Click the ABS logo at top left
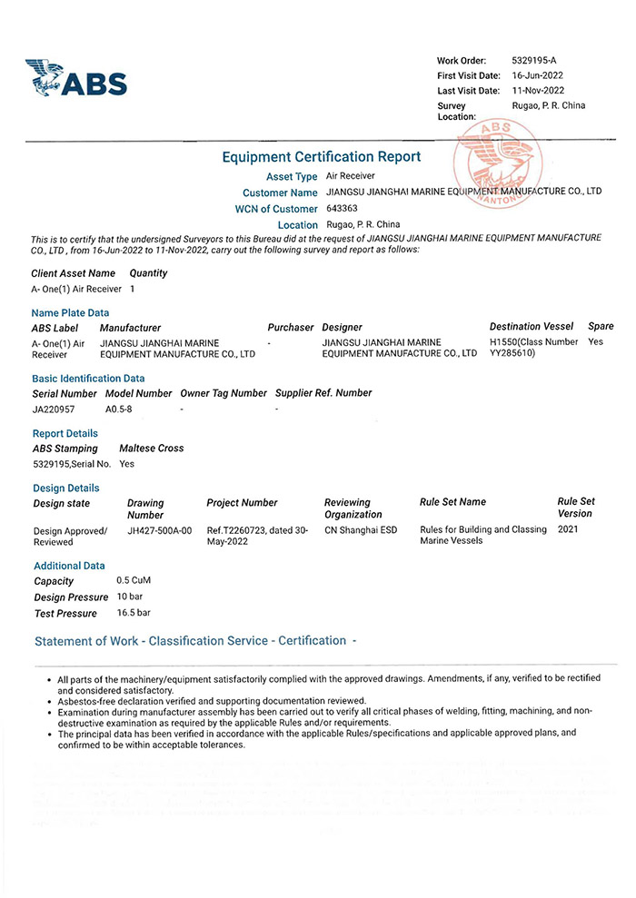click(x=76, y=78)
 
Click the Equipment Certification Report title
click(x=321, y=157)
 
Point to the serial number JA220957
click(x=54, y=410)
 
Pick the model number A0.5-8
click(x=119, y=410)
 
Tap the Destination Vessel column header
click(x=531, y=327)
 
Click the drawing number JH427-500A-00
click(x=160, y=530)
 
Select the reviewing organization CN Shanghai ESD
click(x=361, y=530)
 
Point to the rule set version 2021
click(x=568, y=528)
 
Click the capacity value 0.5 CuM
click(x=134, y=580)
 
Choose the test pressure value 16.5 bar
click(x=134, y=613)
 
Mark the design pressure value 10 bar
click(x=130, y=597)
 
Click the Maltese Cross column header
click(x=151, y=449)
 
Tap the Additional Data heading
click(x=69, y=566)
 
